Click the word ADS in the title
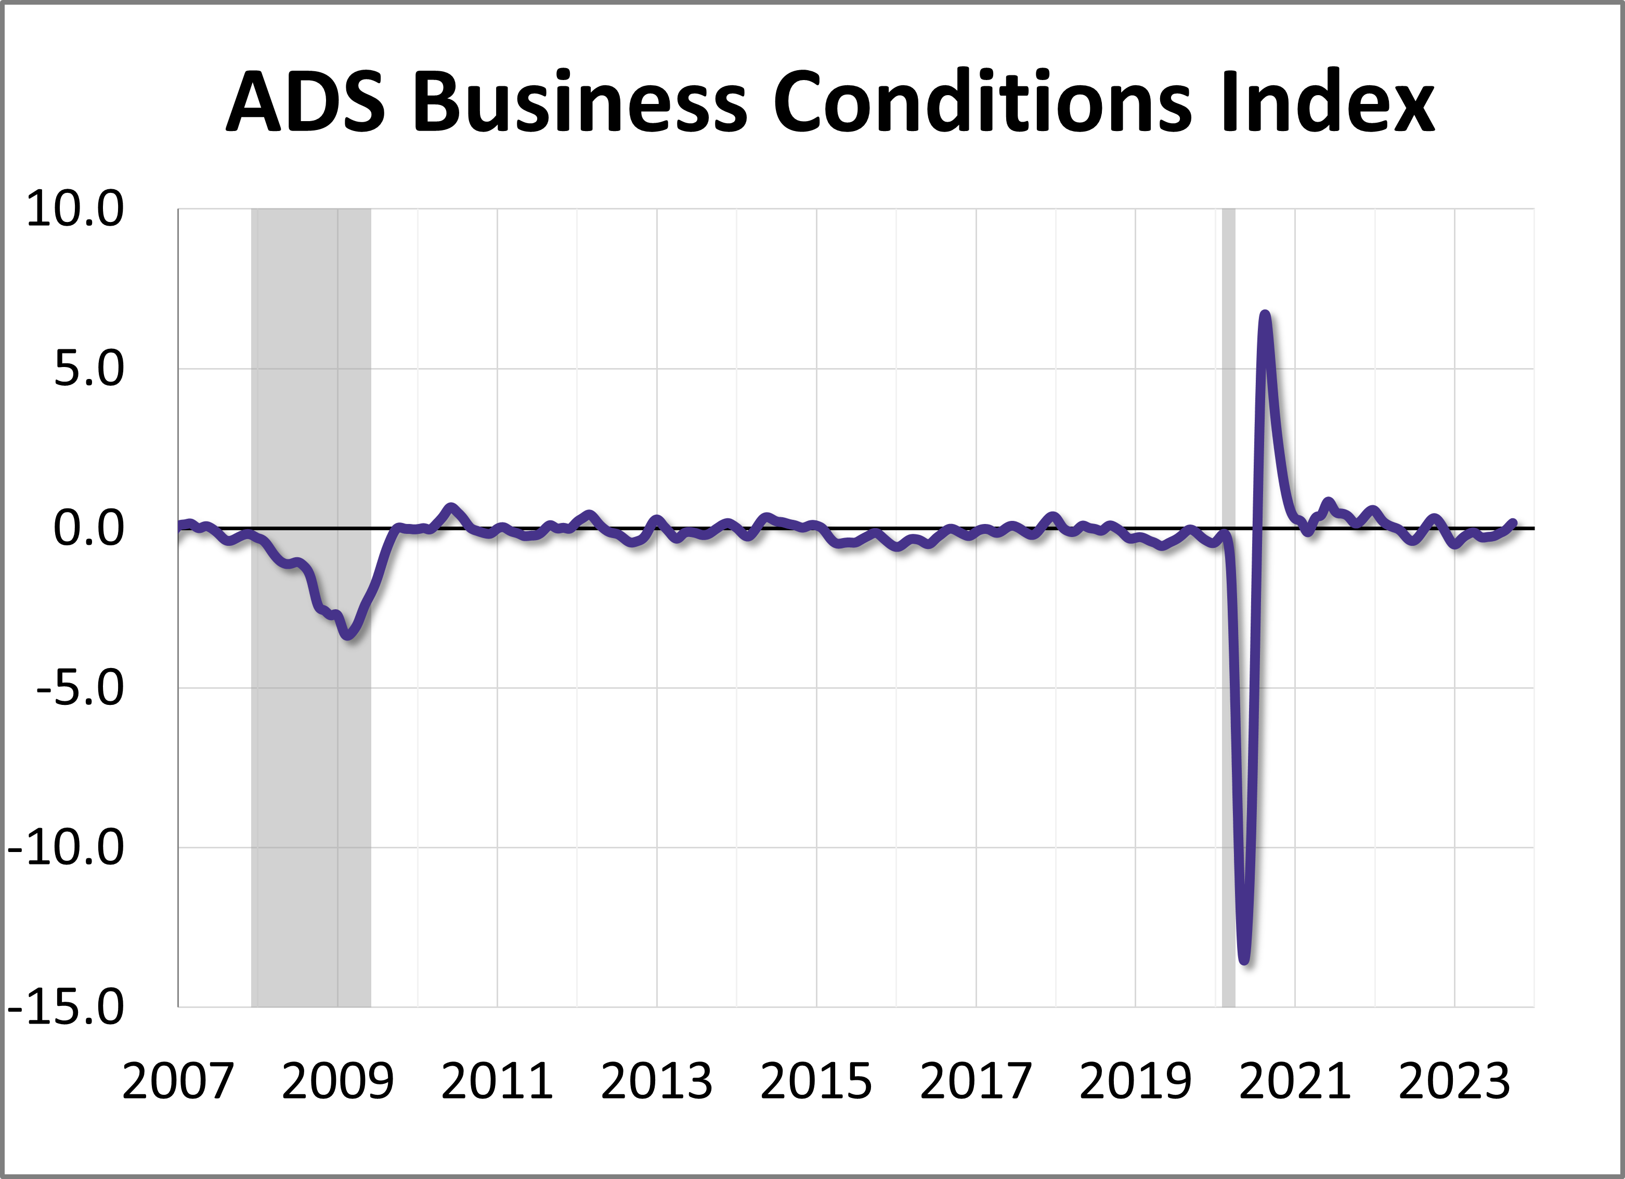click(305, 103)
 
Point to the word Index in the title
click(1328, 103)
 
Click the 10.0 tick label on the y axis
click(74, 210)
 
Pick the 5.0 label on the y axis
click(88, 370)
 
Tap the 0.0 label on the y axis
click(88, 529)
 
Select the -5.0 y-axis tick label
click(80, 689)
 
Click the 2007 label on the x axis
click(178, 1082)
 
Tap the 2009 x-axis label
click(337, 1082)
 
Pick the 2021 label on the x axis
click(1295, 1082)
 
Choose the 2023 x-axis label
click(1454, 1082)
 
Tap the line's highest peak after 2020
click(1265, 315)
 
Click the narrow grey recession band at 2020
click(1228, 716)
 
